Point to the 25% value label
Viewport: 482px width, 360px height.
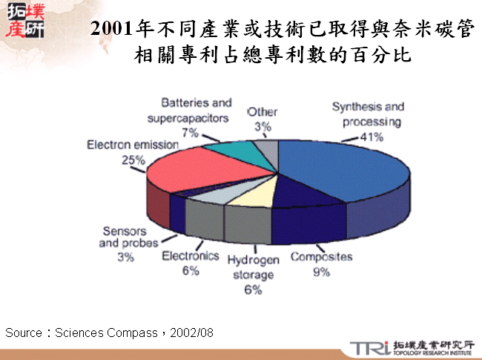[133, 159]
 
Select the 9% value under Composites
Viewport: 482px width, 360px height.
[320, 272]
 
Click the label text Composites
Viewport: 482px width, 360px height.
[321, 257]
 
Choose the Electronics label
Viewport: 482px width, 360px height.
[191, 256]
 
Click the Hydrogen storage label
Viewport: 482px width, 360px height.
[253, 267]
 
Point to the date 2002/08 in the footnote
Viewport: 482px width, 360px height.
[191, 333]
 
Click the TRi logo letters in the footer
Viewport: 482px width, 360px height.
[368, 347]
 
